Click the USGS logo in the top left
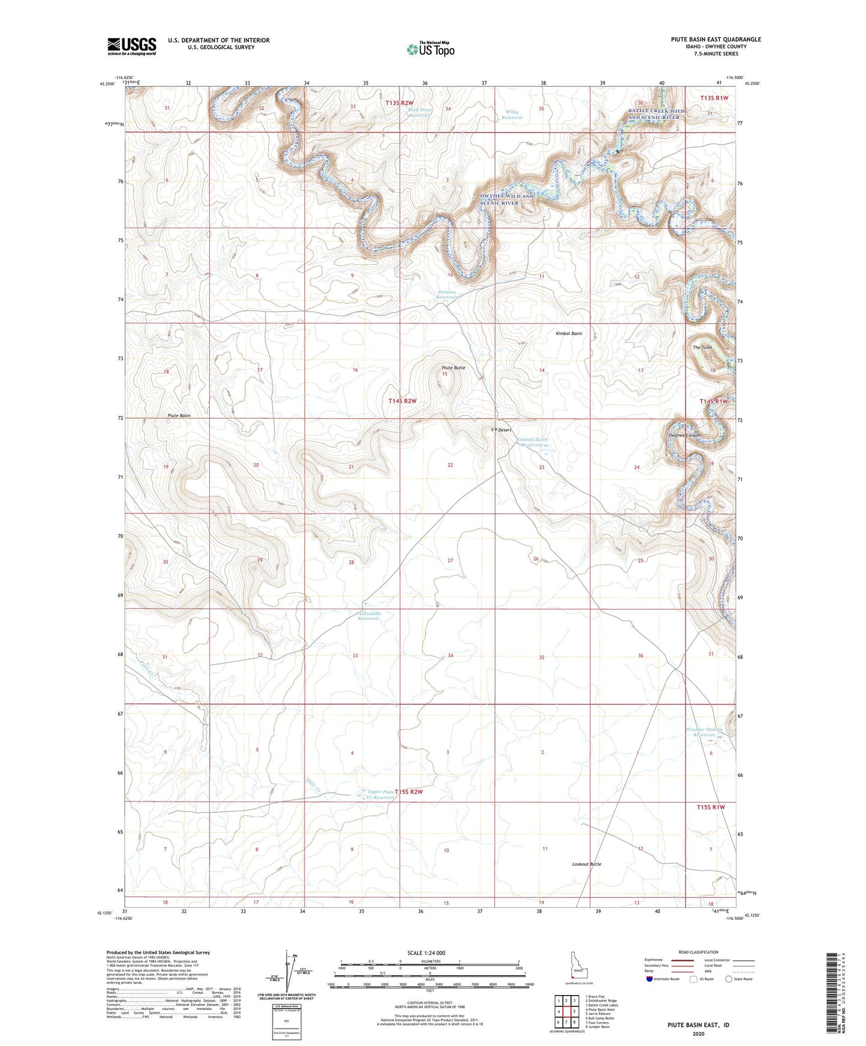[131, 46]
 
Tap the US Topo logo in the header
[430, 49]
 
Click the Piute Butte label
[453, 367]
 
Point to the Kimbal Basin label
[569, 333]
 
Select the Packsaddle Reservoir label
[369, 616]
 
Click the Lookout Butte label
[587, 864]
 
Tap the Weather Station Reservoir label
[704, 732]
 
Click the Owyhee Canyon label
[684, 435]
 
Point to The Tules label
[702, 347]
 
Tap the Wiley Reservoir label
[512, 114]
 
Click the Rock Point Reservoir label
[420, 112]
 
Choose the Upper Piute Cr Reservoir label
[381, 794]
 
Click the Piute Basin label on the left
[179, 415]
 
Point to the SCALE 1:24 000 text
[426, 953]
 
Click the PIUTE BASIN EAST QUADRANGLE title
[716, 40]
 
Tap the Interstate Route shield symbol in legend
[650, 979]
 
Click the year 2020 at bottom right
[698, 1033]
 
